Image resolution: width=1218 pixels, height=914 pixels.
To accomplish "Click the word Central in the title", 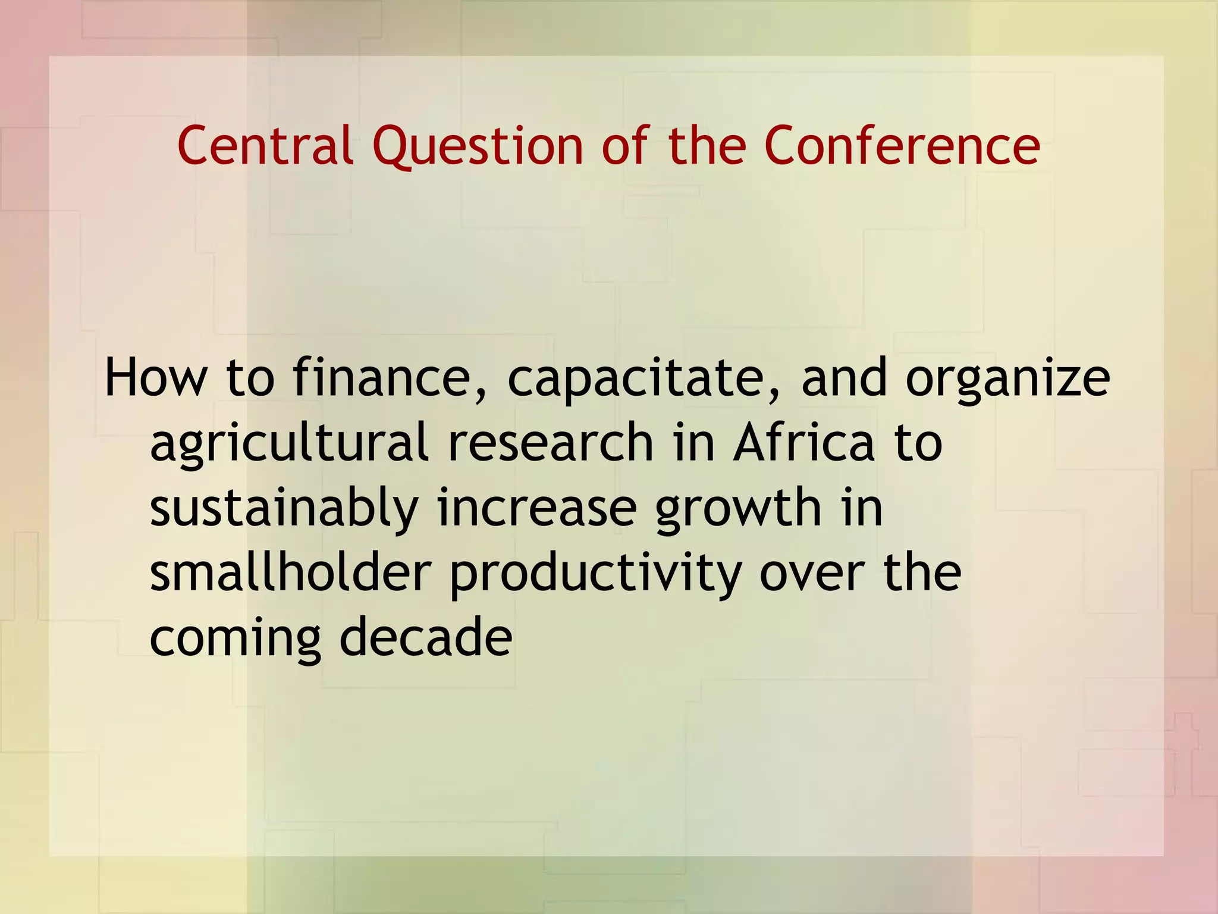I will tap(265, 146).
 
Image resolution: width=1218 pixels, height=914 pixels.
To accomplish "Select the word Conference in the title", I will tap(902, 146).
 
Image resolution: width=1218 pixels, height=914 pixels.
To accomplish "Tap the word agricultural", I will tap(289, 444).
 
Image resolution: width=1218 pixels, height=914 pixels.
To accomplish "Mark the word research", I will tap(551, 443).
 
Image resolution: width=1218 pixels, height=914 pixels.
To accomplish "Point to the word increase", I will tap(537, 508).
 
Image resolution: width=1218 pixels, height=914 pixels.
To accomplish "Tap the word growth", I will tap(738, 509).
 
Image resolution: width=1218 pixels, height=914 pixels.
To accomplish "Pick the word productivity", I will tap(595, 575).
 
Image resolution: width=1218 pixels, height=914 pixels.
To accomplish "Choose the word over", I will tap(812, 575).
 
